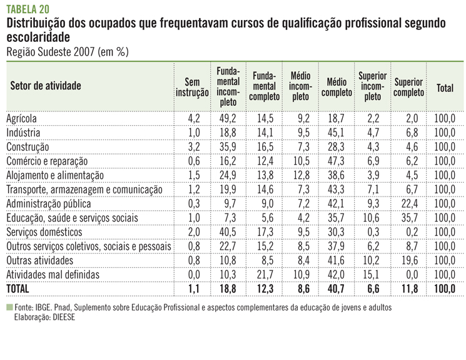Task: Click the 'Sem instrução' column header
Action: (x=192, y=88)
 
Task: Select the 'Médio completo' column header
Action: (x=337, y=88)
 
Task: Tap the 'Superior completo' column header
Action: (x=409, y=88)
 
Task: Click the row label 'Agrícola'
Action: (x=22, y=118)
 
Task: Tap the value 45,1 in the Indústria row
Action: (x=337, y=133)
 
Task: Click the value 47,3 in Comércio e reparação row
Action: (x=337, y=161)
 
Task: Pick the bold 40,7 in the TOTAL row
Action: (x=337, y=288)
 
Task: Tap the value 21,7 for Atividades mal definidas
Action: (x=264, y=274)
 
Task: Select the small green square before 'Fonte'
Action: (x=9, y=307)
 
